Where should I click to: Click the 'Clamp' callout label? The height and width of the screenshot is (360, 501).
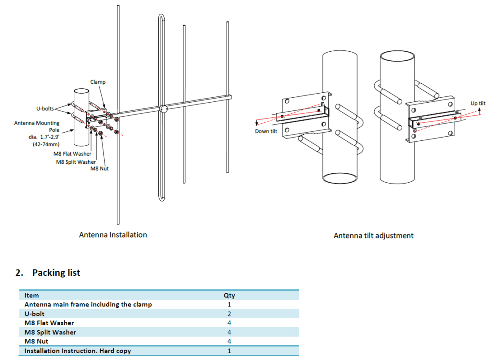pos(98,82)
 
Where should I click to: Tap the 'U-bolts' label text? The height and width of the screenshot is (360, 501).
pos(45,108)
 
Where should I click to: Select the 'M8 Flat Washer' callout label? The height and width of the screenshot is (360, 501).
pos(72,154)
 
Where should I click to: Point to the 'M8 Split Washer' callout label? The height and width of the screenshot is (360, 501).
pos(76,162)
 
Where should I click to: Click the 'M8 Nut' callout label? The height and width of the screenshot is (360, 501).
pos(99,169)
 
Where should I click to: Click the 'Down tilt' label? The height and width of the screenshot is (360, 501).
pos(266,131)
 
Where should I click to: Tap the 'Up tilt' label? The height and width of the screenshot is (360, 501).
pos(478,103)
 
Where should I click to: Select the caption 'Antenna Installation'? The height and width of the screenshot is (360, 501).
pos(113,234)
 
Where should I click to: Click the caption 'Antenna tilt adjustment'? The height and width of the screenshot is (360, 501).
pos(373,235)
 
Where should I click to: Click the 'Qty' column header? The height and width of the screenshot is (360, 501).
pos(229,296)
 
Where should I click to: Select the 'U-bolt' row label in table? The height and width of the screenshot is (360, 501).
pos(35,314)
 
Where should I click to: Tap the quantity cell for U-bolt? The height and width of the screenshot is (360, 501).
pos(229,314)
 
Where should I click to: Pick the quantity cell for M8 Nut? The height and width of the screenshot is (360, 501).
pos(229,342)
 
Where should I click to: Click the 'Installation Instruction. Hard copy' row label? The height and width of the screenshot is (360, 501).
pos(78,351)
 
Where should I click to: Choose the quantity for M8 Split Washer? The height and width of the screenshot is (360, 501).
pos(229,332)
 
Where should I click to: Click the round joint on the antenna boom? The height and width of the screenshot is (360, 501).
pos(164,108)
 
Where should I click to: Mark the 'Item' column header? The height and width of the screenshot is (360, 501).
pos(31,296)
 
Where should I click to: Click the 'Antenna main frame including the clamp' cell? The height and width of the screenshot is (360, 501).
pos(88,305)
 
